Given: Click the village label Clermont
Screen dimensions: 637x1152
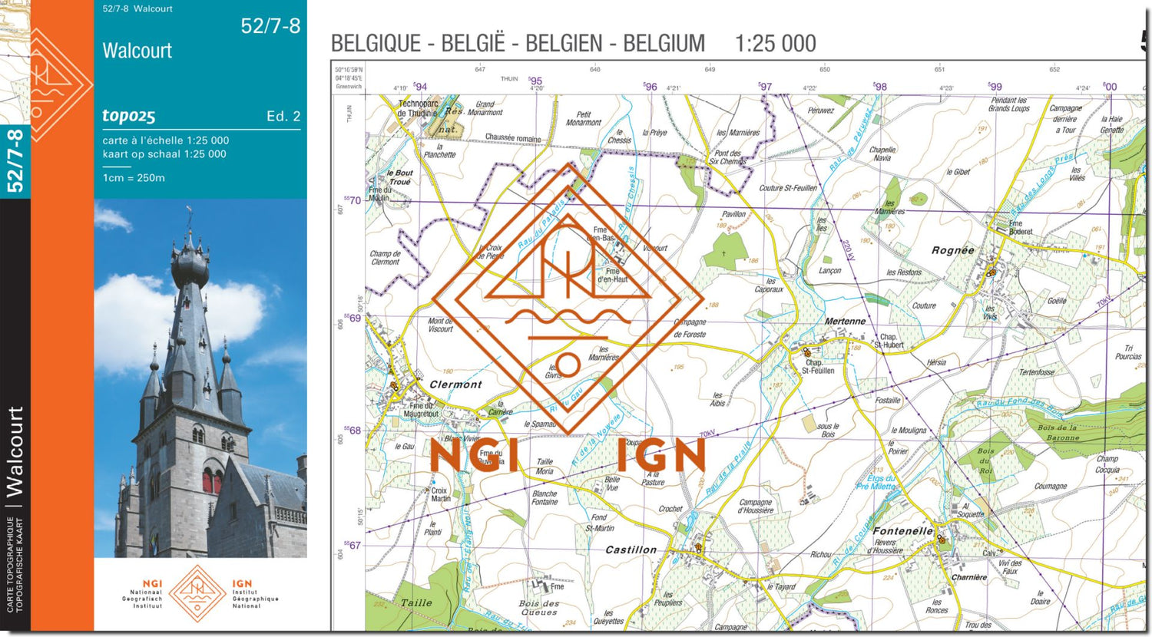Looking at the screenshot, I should click(x=455, y=385).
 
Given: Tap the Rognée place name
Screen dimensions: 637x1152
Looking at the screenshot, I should click(x=952, y=250).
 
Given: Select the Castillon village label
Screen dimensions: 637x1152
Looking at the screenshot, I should click(x=631, y=550).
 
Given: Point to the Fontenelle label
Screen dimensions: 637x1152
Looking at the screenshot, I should click(x=902, y=530).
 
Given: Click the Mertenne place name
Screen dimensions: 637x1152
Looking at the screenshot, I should click(x=845, y=322).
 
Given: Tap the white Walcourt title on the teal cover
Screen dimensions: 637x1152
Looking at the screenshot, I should click(x=137, y=51).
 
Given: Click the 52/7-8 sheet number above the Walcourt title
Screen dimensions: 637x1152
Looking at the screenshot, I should click(x=270, y=26).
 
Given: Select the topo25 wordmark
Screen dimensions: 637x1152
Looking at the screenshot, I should click(x=129, y=116).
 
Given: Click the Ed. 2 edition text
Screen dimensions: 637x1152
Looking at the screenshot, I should click(x=283, y=117).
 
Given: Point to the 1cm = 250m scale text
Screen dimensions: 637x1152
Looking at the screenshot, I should click(x=134, y=178).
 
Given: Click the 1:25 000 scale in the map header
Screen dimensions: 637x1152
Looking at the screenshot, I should click(x=775, y=44).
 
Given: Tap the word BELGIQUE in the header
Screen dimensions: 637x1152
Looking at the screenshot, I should click(x=376, y=44).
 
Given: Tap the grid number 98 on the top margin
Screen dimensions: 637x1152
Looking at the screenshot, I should click(x=880, y=87).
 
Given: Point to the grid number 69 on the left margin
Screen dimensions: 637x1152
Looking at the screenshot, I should click(x=353, y=318).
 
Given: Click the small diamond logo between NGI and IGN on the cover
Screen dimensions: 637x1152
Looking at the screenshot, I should click(x=197, y=593).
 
